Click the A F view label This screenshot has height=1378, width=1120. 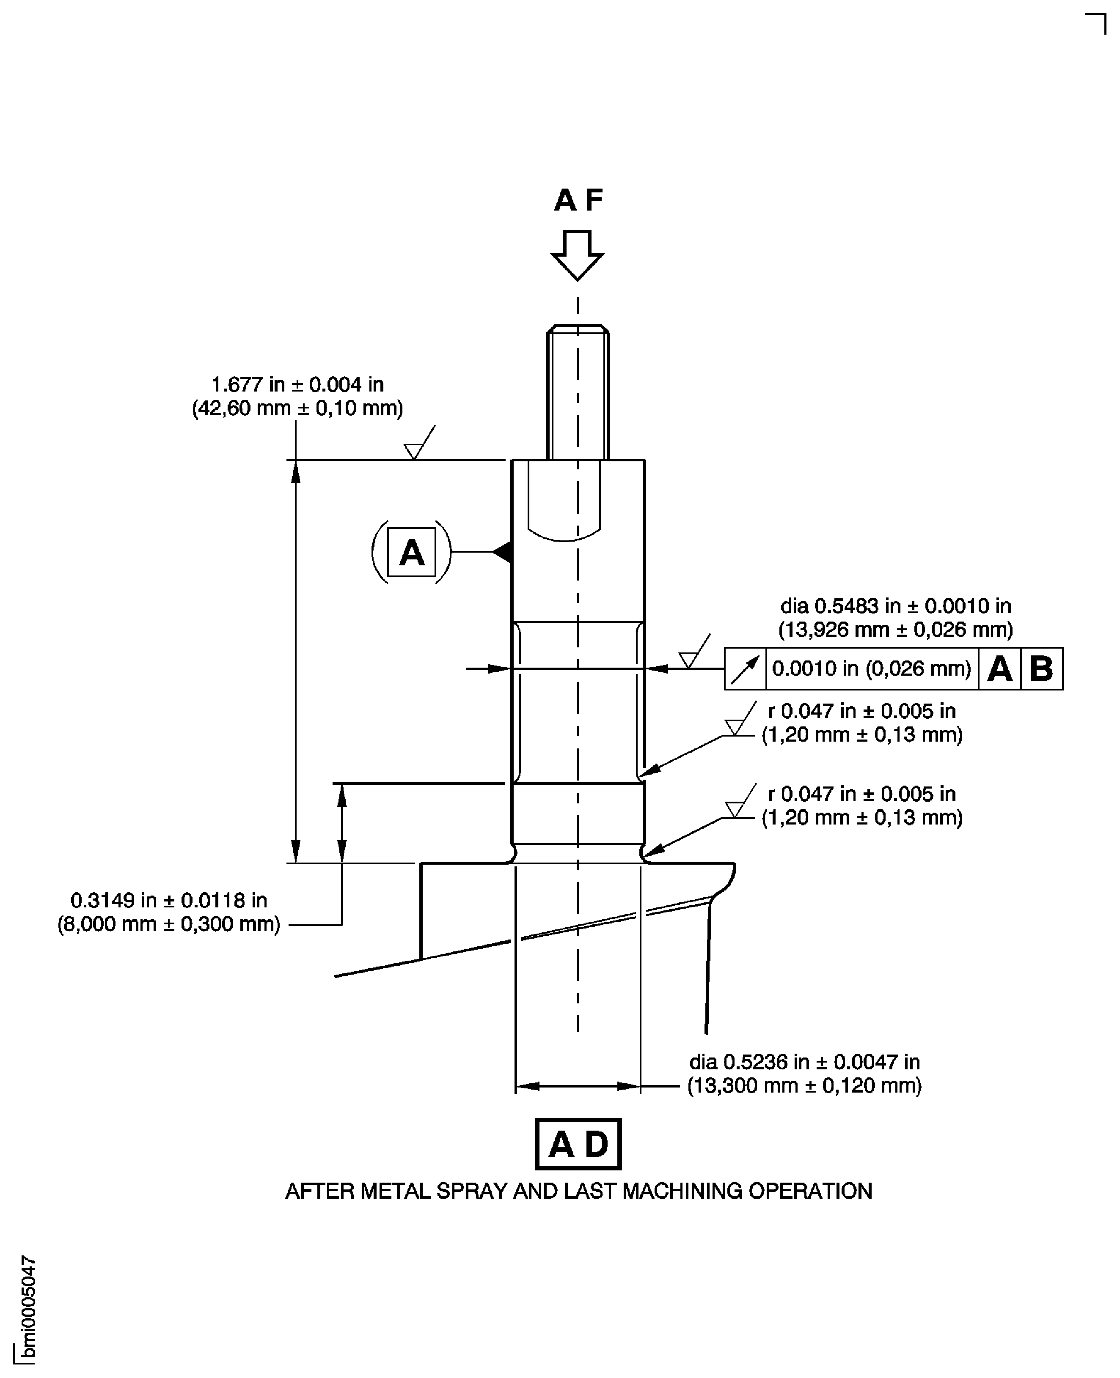click(578, 200)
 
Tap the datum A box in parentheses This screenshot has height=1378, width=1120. click(412, 552)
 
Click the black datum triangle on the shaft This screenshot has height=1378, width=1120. click(503, 552)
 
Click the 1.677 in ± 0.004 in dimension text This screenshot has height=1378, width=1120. click(297, 384)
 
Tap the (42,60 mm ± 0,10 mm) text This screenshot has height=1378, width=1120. click(297, 408)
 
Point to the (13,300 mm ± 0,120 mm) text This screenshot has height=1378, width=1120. click(804, 1085)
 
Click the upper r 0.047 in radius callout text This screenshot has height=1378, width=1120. click(862, 711)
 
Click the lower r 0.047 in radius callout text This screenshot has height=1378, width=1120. click(862, 793)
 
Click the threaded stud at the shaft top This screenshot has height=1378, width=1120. click(578, 393)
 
